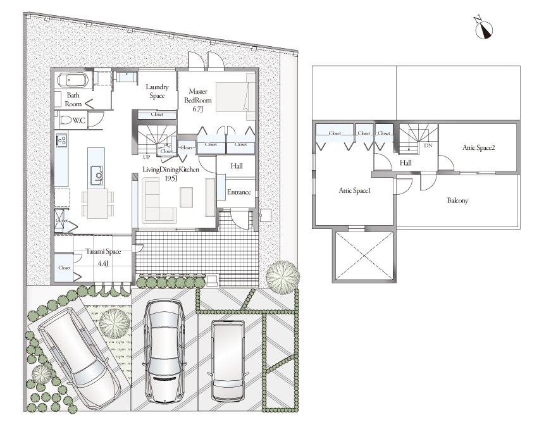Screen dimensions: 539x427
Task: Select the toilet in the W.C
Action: pos(66,120)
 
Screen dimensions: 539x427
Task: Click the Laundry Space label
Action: pos(157,92)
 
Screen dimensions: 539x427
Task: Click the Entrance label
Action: pos(239,192)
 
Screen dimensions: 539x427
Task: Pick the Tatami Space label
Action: pos(103,251)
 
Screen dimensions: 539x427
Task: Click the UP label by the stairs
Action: pos(146,157)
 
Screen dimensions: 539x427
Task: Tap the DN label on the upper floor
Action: pos(428,145)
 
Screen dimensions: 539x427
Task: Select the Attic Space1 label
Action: pos(354,190)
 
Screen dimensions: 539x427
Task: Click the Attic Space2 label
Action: pos(478,147)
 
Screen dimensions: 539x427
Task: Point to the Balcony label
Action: pos(457,200)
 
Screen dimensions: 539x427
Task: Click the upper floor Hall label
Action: pos(406,163)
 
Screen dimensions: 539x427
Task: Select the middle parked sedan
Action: pos(164,350)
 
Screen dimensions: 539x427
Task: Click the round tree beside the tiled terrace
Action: pos(283,277)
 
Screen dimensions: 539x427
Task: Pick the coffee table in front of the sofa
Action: pos(187,197)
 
